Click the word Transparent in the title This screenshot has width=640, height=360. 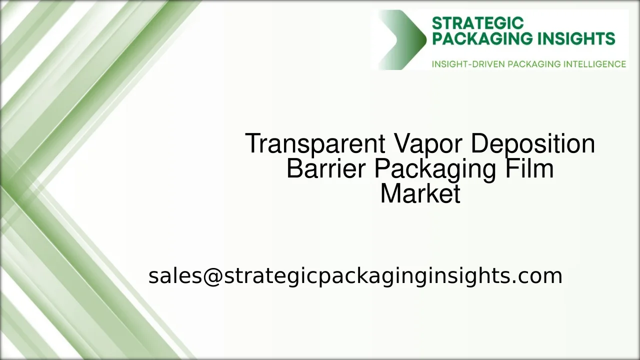tap(315, 144)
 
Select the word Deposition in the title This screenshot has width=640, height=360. tap(532, 144)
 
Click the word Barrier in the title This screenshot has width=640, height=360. tap(326, 169)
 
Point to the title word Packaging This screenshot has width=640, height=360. tap(434, 170)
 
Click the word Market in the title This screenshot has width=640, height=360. tap(420, 193)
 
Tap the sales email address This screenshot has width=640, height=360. tap(355, 276)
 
